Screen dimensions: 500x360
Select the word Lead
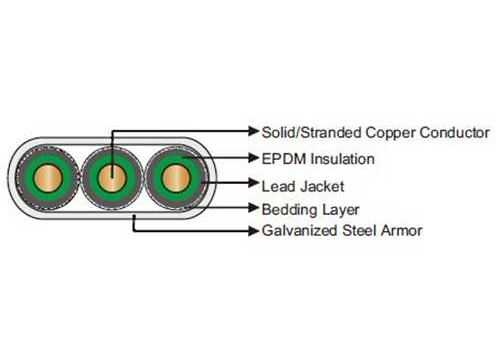(277, 185)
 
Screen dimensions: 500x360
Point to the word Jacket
(323, 185)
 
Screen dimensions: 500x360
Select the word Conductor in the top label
(454, 132)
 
